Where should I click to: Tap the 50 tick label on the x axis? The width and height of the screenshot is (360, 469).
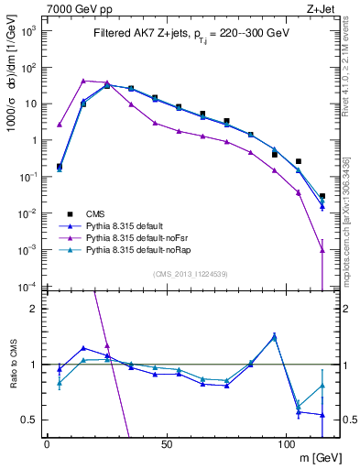pos(166,444)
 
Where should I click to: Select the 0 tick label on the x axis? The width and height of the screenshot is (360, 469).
pos(47,444)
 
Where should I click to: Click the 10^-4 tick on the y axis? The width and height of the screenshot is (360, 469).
pos(27,286)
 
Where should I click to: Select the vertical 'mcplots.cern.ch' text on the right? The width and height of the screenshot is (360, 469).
pos(351,220)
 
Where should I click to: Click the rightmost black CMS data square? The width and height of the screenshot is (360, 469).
pos(322,196)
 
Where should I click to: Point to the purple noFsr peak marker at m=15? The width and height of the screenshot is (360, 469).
pos(83,81)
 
